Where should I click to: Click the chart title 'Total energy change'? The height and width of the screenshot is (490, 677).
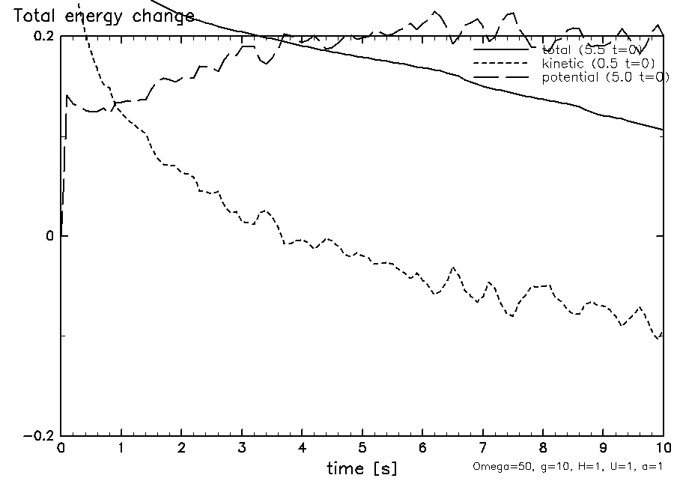coord(104,16)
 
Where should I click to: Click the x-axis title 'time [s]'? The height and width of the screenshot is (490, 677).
coord(362,469)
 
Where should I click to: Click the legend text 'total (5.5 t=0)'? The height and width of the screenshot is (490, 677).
coord(591,50)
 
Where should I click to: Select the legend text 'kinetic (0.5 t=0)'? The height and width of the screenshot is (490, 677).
coord(598,64)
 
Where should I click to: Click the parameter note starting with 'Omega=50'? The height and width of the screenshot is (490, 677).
coord(568,466)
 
